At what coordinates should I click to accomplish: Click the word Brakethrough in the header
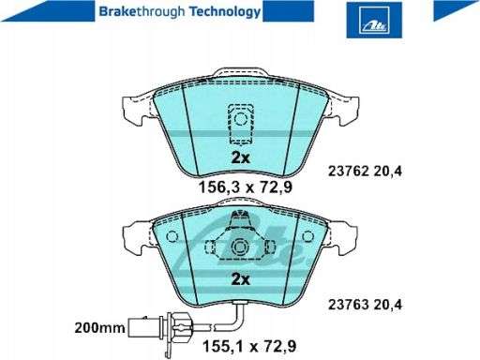tap(142, 12)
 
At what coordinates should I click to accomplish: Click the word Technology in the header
tap(225, 12)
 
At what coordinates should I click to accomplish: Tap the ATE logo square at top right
tap(374, 20)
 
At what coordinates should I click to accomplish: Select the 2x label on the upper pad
tap(241, 158)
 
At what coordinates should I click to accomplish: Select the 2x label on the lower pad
tap(241, 279)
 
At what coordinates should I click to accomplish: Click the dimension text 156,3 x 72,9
tap(246, 187)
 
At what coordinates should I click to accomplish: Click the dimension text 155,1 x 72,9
tap(249, 346)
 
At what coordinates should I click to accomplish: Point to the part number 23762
tap(349, 172)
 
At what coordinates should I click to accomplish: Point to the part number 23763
tap(349, 305)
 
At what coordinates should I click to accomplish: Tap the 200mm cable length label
tap(99, 328)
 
